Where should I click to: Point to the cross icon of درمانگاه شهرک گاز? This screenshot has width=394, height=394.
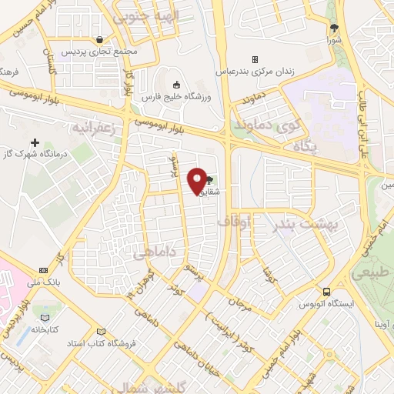point(35,142)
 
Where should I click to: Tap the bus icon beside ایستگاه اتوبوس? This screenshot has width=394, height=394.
point(327,292)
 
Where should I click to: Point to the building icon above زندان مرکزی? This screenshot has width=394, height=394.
point(255,59)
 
